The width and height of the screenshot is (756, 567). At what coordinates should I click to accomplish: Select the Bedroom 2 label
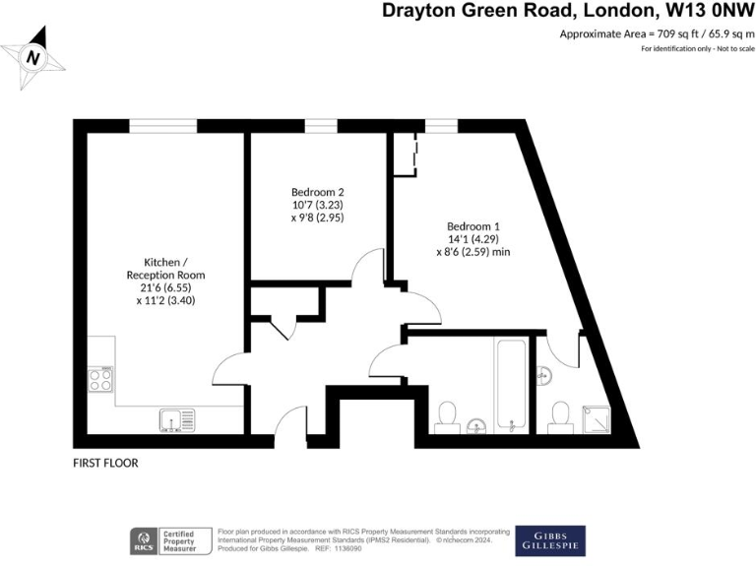point(317,192)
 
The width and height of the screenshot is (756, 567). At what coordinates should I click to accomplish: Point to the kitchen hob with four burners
point(100,379)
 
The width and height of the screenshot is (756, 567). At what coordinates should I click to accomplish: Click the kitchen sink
point(176,420)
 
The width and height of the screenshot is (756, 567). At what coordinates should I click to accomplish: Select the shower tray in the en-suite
point(595,417)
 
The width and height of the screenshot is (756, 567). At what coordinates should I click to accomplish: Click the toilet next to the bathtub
point(448,414)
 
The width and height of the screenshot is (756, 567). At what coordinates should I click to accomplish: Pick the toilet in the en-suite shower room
point(561,414)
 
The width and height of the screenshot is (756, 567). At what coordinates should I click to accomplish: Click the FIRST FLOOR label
point(105,463)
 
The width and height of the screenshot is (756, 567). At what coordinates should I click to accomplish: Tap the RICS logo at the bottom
point(145,540)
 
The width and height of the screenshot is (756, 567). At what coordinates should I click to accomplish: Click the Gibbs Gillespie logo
point(550,540)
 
